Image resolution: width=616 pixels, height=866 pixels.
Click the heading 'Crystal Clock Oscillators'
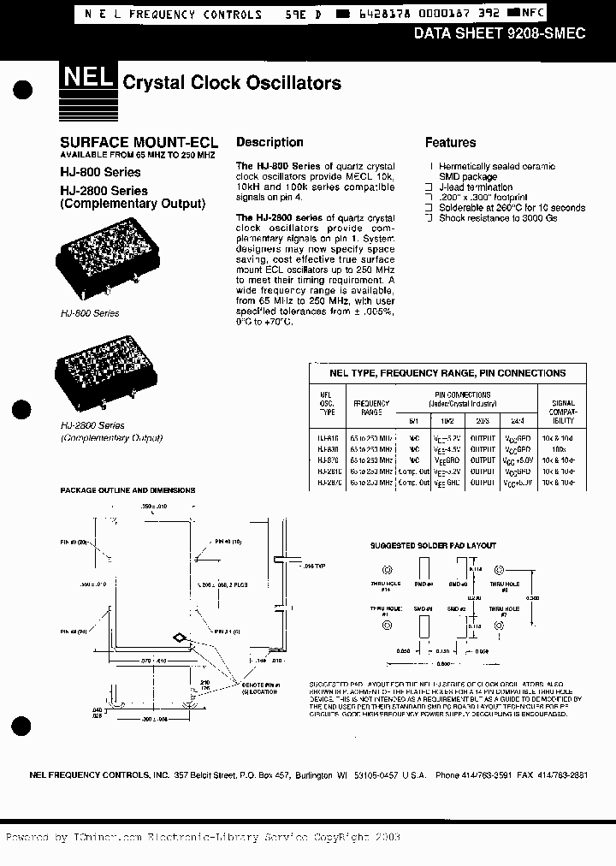(x=232, y=83)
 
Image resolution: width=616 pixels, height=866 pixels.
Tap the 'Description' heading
(x=269, y=142)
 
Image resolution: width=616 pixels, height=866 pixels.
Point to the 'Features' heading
(x=450, y=143)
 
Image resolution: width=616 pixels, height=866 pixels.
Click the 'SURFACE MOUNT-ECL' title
(x=139, y=142)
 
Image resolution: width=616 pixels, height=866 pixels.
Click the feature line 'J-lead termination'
(x=476, y=187)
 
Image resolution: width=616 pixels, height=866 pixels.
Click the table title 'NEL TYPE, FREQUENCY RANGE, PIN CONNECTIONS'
(x=447, y=373)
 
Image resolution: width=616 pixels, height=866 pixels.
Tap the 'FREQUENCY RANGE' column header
(x=371, y=408)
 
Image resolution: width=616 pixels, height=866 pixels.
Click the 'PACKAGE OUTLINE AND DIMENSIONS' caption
(x=127, y=490)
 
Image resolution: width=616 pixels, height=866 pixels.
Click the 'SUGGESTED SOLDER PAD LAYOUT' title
(x=432, y=546)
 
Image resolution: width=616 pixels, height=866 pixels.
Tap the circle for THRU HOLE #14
(x=388, y=569)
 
